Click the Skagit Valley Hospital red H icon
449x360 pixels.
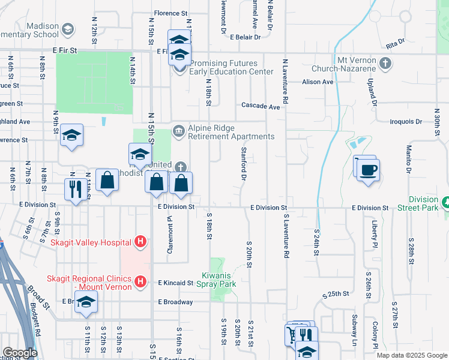(140, 242)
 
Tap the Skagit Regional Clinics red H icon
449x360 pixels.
(140, 281)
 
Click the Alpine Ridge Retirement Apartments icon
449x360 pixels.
(178, 131)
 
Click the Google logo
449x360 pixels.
(19, 353)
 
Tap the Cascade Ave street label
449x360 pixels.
(261, 106)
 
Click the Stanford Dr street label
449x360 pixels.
(244, 163)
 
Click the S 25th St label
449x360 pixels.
(336, 295)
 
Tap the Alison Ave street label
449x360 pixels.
(318, 82)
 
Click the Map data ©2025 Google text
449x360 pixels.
(411, 355)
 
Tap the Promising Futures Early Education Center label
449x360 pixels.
(228, 67)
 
